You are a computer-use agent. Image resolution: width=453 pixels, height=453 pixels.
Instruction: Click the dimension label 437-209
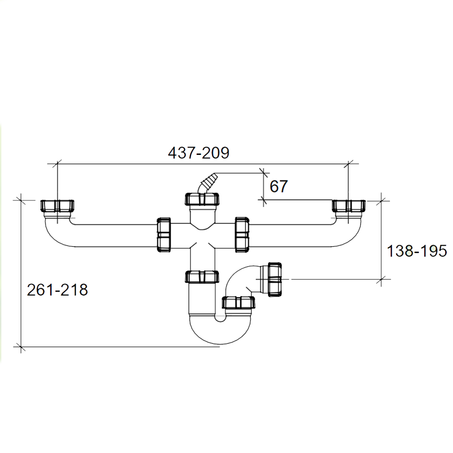tap(199, 153)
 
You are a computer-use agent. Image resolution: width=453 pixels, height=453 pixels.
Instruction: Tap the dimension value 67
tap(279, 186)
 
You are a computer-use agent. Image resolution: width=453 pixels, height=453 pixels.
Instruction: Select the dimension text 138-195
tap(417, 251)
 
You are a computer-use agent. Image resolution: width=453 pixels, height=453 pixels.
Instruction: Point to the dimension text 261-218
tap(57, 290)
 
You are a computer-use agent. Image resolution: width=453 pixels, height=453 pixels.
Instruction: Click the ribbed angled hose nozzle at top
tap(207, 183)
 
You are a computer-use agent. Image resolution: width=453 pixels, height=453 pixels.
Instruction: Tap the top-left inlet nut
tap(57, 206)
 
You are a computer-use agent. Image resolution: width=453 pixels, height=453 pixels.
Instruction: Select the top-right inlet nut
tap(349, 206)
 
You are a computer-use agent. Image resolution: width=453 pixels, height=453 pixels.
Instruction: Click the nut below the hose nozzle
tap(202, 199)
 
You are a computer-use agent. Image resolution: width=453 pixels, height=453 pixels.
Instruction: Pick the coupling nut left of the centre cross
tap(164, 235)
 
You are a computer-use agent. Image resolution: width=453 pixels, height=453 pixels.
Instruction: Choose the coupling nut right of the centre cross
tap(242, 235)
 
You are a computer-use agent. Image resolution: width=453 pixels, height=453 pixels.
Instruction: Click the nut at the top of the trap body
tap(202, 277)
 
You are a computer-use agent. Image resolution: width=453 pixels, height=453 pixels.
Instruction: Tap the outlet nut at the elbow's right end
tap(275, 280)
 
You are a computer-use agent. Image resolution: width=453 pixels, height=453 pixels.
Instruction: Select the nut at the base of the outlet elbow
tap(238, 303)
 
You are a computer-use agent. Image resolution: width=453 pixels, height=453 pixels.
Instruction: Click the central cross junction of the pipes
tap(202, 235)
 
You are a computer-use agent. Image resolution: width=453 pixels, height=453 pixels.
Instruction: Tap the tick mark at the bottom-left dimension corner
tap(21, 346)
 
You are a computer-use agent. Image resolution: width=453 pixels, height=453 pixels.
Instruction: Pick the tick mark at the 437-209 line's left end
tap(58, 164)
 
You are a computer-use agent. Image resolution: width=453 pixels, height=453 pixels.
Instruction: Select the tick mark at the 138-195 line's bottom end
tap(381, 280)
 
